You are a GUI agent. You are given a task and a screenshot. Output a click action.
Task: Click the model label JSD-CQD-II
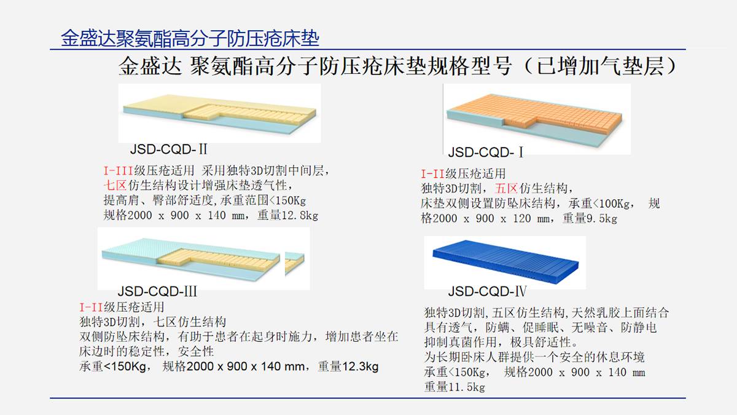pyautogui.click(x=168, y=149)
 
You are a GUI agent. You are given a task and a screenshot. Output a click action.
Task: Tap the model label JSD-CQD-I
pyautogui.click(x=486, y=152)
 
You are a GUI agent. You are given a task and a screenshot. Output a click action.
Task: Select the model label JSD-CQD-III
pyautogui.click(x=157, y=291)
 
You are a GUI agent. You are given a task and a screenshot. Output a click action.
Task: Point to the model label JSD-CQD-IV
pyautogui.click(x=487, y=291)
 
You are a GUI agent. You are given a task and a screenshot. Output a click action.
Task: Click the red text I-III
pyautogui.click(x=118, y=171)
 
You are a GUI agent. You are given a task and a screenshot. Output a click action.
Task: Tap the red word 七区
pyautogui.click(x=115, y=186)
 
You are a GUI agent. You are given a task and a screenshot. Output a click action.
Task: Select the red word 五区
pyautogui.click(x=507, y=188)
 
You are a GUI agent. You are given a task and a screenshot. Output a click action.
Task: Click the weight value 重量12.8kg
pyautogui.click(x=288, y=215)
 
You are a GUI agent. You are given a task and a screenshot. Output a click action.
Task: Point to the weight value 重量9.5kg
pyautogui.click(x=590, y=218)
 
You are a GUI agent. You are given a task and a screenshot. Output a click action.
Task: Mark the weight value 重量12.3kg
pyautogui.click(x=348, y=366)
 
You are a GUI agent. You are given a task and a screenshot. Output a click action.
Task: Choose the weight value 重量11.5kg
pyautogui.click(x=454, y=387)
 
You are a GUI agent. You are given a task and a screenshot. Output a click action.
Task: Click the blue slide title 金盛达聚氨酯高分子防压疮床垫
pyautogui.click(x=190, y=38)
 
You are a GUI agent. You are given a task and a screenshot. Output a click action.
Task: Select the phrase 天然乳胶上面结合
pyautogui.click(x=620, y=312)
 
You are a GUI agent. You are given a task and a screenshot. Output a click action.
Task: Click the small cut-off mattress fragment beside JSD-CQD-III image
pyautogui.click(x=295, y=263)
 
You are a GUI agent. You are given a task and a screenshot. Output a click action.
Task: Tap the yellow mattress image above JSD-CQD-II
pyautogui.click(x=220, y=114)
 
